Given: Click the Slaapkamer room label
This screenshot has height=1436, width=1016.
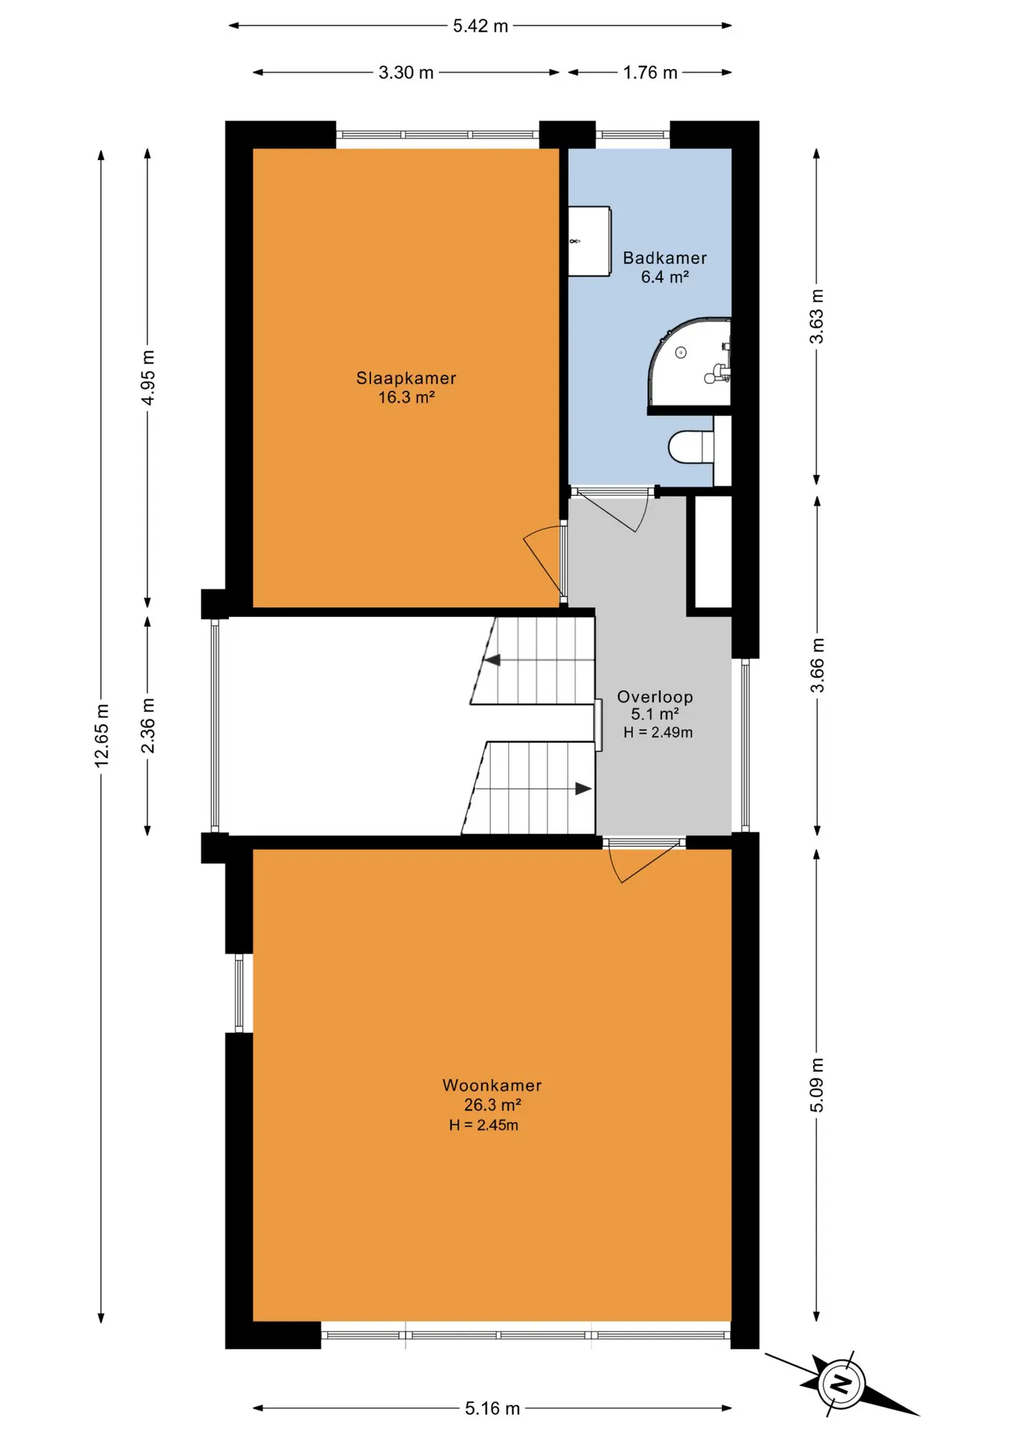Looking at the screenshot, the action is tap(406, 378).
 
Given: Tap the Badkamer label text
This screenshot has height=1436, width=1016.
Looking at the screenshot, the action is tap(664, 258).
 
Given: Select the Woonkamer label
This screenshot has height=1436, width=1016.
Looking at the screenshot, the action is tap(492, 1085).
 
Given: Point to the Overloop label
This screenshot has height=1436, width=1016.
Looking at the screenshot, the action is tap(655, 697).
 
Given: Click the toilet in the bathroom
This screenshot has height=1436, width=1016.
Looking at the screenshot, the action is tap(691, 447).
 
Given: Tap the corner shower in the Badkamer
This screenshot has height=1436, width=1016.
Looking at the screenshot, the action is tap(689, 363).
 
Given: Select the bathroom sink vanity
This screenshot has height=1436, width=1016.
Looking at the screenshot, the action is tap(590, 242).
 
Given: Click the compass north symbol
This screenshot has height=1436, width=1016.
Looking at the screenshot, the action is tap(842, 1384).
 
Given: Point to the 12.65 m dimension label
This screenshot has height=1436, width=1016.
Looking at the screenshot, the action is tap(102, 735).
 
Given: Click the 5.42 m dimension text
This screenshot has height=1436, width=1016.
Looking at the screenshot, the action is tap(480, 26).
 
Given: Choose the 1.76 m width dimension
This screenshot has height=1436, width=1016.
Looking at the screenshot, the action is tap(650, 73).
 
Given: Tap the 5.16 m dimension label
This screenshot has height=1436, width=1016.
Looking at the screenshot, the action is tap(492, 1408).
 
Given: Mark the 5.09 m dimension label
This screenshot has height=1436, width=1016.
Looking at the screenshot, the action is tap(816, 1085).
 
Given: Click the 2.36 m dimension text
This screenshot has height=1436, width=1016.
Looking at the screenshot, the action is tap(148, 725).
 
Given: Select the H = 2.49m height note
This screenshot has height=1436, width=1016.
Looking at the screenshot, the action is tap(658, 733).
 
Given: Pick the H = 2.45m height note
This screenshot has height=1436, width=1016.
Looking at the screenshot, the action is tap(483, 1125).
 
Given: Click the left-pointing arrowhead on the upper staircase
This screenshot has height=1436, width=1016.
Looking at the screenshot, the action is tap(492, 660).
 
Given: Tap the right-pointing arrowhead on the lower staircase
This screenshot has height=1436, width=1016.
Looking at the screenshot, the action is tap(584, 788).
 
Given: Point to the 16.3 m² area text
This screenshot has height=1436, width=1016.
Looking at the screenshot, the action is tap(406, 397).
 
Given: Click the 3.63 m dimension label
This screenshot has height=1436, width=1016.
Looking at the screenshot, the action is tap(816, 316).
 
